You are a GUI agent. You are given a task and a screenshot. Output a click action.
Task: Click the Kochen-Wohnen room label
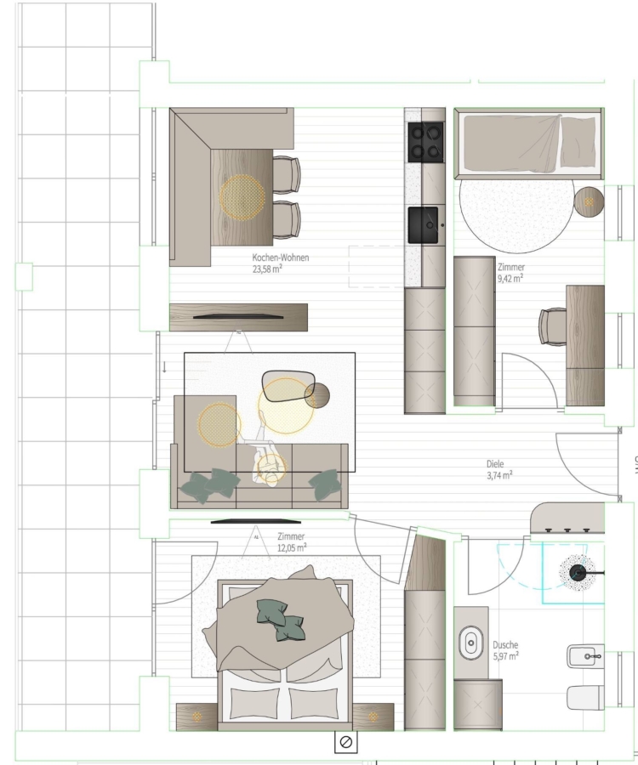tap(280, 258)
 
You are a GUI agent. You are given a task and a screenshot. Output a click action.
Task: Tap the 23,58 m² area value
tap(267, 269)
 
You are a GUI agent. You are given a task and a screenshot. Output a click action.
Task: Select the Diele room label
tap(495, 464)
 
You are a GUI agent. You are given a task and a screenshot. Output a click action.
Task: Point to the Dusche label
tap(505, 645)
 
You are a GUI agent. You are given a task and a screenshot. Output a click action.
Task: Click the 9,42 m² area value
tap(510, 278)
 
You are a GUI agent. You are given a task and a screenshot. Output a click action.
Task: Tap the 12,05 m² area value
tap(292, 547)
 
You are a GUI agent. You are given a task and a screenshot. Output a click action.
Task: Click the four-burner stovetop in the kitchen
tap(425, 142)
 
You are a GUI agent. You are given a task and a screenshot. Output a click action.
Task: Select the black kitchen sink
tap(424, 225)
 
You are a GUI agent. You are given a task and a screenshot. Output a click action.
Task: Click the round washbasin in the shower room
tap(471, 643)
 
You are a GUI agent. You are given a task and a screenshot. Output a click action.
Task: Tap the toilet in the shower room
tap(585, 698)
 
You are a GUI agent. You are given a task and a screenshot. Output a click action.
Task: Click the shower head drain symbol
tap(578, 573)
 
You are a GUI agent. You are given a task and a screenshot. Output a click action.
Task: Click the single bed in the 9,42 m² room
tap(529, 144)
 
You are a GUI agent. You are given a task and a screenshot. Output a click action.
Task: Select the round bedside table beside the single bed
tap(589, 201)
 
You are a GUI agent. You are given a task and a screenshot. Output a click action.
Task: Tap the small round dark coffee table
tap(316, 395)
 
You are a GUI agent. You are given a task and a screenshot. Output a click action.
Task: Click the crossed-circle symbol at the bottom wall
tap(345, 742)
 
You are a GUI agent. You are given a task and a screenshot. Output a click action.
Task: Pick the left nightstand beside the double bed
tap(197, 717)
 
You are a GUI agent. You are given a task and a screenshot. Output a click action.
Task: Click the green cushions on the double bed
tap(281, 620)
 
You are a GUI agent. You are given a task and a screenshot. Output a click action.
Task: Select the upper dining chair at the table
tap(287, 173)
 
